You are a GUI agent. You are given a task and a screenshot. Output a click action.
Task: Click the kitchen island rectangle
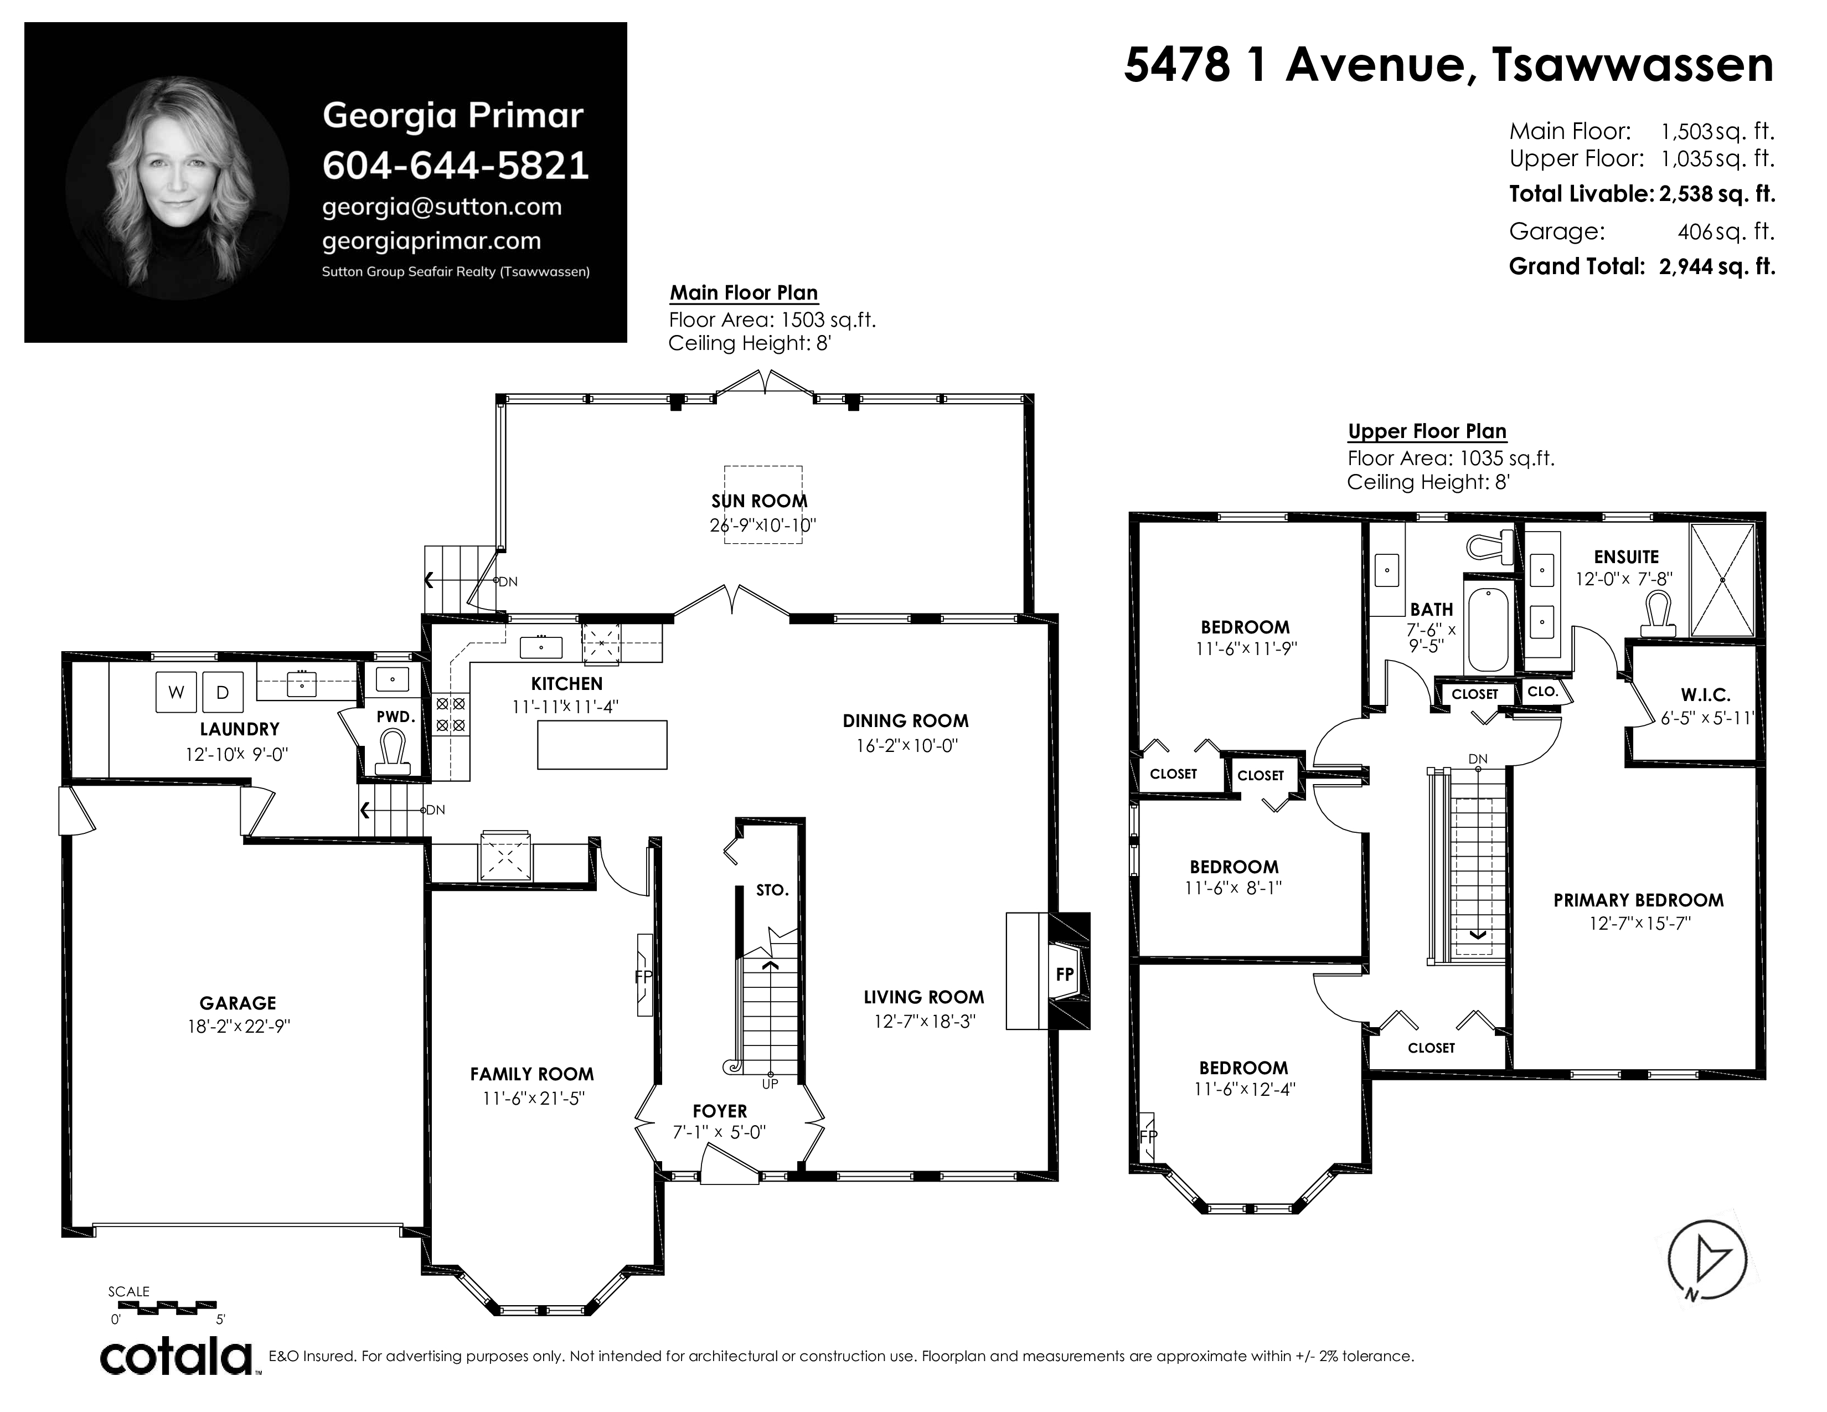tap(602, 744)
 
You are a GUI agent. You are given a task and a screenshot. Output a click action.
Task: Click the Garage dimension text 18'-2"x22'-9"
tap(239, 1027)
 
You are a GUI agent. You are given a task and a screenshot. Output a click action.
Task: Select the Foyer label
tap(719, 1111)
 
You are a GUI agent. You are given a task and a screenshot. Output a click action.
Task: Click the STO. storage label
tap(772, 890)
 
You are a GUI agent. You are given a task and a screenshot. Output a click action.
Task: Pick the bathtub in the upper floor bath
tap(1488, 629)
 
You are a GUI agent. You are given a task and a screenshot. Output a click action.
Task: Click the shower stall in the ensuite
tap(1722, 580)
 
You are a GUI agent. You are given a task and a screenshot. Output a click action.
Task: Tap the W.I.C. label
tap(1706, 694)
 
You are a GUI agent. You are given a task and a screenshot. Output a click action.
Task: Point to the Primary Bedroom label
tap(1639, 900)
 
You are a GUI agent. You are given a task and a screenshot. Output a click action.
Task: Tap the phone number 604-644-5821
tap(456, 166)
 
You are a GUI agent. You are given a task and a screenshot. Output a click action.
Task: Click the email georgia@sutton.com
tap(442, 207)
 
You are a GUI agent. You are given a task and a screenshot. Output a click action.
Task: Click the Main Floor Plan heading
tap(744, 293)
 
